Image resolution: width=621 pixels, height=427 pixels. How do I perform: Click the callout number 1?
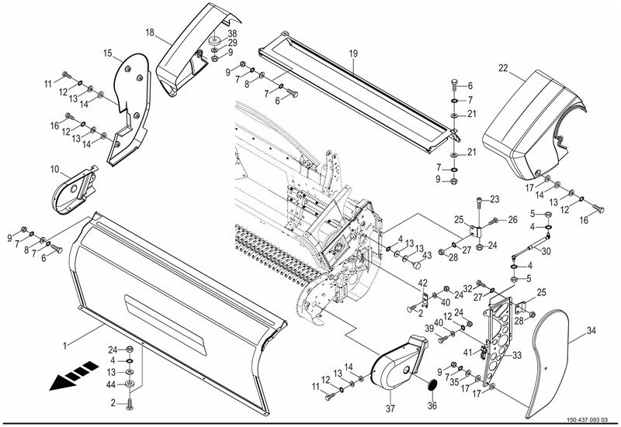[65, 346]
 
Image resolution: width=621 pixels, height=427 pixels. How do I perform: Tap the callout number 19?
[353, 53]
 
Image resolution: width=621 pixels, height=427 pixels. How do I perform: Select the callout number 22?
[503, 68]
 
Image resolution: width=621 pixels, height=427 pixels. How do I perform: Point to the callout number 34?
[591, 331]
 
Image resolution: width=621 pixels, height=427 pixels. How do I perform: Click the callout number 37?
[390, 408]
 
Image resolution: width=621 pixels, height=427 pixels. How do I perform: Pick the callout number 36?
[432, 405]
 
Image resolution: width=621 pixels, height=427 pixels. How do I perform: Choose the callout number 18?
[150, 33]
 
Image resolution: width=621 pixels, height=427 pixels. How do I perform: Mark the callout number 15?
[108, 53]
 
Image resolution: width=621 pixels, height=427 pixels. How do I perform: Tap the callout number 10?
[54, 170]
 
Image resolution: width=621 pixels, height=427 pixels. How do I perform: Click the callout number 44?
[111, 384]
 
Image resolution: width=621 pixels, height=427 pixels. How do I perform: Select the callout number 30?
[546, 251]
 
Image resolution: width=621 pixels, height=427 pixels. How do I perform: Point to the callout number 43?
[426, 256]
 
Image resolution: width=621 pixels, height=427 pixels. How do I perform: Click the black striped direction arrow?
[74, 375]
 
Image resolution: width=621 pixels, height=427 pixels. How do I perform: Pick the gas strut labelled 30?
[530, 246]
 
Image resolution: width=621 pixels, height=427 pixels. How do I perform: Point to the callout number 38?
[232, 33]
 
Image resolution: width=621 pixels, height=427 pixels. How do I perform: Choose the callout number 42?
[423, 283]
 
